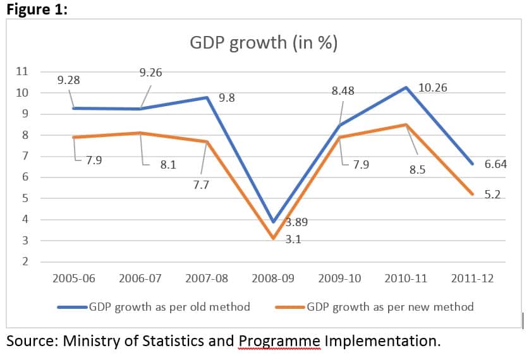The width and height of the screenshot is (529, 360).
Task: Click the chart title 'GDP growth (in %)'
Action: (x=264, y=43)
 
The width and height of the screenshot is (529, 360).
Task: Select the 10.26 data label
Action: (x=433, y=88)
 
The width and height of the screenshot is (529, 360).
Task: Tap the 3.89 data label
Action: (x=297, y=222)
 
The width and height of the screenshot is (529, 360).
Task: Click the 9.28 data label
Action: (x=68, y=81)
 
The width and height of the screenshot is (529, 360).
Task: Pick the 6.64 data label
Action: (x=496, y=164)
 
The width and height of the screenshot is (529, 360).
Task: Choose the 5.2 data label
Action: (x=492, y=195)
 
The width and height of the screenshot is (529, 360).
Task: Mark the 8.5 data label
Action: (x=417, y=169)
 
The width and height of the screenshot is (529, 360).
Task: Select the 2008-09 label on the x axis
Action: (x=273, y=279)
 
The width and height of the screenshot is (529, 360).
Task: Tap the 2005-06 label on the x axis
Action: (x=75, y=279)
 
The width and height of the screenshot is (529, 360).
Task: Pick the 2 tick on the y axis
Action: (x=25, y=262)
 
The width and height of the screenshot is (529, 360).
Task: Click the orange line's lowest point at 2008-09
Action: (x=273, y=238)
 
